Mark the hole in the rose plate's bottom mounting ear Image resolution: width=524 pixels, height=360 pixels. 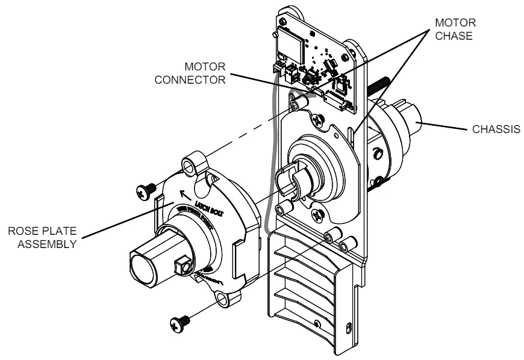click(x=226, y=299)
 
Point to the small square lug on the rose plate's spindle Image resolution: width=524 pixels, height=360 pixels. click(x=186, y=263)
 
